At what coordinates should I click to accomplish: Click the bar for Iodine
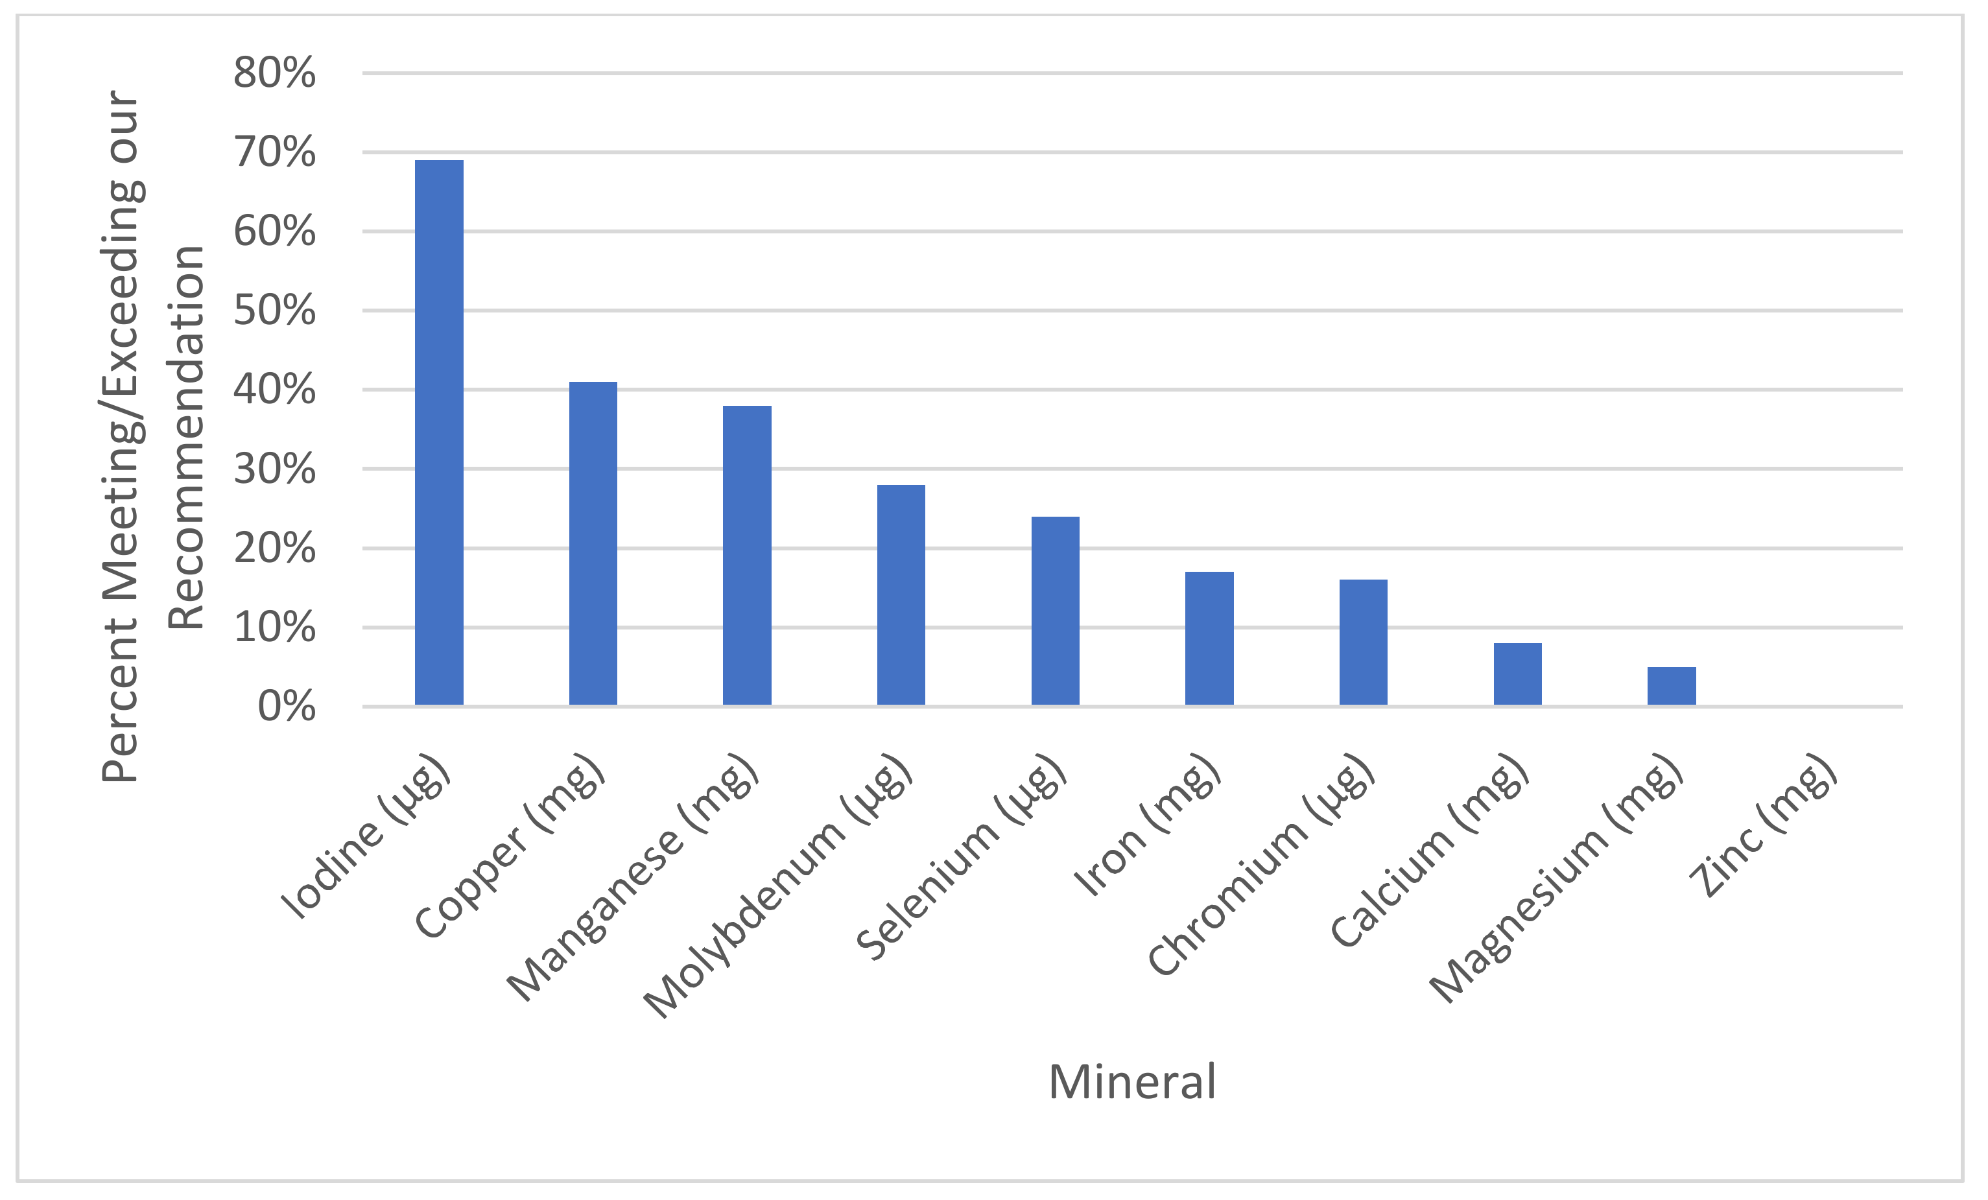pos(439,432)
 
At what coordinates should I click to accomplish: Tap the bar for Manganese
pos(747,556)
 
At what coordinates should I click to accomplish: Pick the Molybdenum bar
pos(901,595)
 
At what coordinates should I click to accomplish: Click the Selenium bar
pos(1056,611)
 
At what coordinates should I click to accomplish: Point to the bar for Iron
pos(1209,639)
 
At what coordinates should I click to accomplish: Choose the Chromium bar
pos(1364,642)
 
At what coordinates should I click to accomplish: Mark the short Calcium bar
pos(1518,674)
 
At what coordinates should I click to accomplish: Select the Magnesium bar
pos(1672,687)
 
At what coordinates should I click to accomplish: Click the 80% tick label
pos(274,73)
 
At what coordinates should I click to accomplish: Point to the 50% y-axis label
pos(274,311)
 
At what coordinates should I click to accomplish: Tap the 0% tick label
pos(287,707)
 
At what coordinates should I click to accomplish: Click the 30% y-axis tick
pos(274,469)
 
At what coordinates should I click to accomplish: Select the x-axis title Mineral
pos(1132,1082)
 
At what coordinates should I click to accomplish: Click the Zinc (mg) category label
pos(1763,827)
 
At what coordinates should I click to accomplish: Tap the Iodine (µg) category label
pos(364,837)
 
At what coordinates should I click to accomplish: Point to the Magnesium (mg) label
pos(1556,879)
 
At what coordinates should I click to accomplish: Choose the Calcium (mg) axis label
pos(1430,851)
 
